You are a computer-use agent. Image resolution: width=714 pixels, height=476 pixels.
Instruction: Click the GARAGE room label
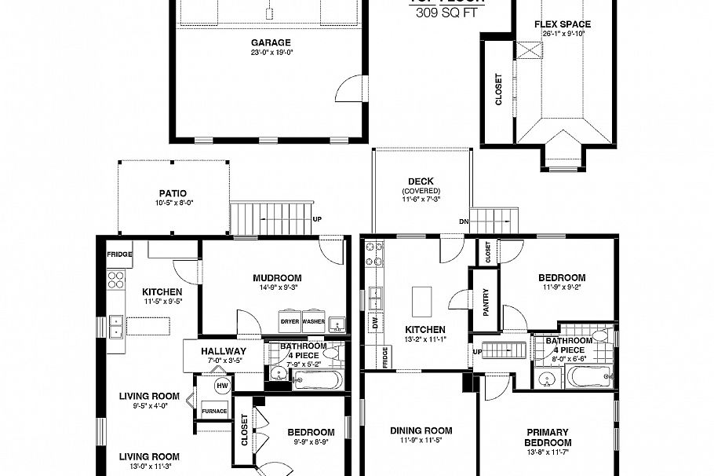point(271,42)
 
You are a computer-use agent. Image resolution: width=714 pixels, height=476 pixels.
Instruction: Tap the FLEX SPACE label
point(563,24)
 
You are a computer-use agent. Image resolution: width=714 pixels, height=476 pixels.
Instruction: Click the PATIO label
point(173,193)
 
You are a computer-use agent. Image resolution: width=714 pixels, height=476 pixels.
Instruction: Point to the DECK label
point(421,181)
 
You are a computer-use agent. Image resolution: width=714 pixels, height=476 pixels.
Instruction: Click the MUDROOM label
point(277,278)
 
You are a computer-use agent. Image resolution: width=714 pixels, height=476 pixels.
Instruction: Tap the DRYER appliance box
point(289,322)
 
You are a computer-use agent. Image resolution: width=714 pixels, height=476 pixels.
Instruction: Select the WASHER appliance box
point(313,322)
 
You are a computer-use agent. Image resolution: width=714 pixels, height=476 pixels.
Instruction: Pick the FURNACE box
point(214,411)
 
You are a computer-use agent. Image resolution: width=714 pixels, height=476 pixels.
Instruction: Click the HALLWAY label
point(224,351)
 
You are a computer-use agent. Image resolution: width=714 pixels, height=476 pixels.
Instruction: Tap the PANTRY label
point(486,302)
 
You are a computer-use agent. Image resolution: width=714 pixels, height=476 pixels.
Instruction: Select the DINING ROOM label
point(421,430)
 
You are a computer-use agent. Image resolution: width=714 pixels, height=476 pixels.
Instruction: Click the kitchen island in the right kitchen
point(421,298)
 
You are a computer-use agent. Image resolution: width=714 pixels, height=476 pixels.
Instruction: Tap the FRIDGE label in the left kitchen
point(119,254)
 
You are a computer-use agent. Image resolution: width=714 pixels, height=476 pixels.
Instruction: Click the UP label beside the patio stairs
point(317,219)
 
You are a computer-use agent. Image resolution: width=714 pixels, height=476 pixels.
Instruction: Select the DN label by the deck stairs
point(464,221)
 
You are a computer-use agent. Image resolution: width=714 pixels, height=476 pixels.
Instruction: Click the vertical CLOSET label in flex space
point(498,90)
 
